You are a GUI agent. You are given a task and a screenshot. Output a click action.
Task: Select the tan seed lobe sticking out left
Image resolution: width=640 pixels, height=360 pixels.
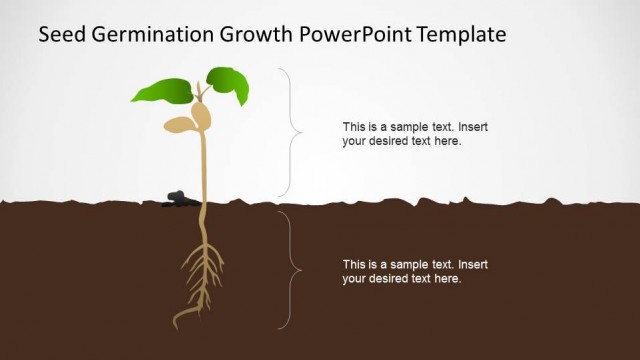tap(180, 125)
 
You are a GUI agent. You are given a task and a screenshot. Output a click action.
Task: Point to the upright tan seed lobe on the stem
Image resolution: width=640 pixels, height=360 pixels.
tap(204, 116)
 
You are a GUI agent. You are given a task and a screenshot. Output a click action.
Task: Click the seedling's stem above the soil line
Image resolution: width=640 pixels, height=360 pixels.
tap(204, 170)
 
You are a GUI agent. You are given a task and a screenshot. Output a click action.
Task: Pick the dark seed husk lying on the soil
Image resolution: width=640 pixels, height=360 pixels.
tap(177, 199)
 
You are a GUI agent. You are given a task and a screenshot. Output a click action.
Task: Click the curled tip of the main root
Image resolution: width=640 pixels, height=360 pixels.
tap(179, 321)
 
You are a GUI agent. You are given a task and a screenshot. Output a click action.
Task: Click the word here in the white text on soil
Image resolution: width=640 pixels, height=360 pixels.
tap(447, 279)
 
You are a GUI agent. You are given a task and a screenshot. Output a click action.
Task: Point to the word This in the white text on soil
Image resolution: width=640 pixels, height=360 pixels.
tap(354, 265)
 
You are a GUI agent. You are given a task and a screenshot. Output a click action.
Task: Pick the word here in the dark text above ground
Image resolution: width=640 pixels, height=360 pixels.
tap(447, 141)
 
